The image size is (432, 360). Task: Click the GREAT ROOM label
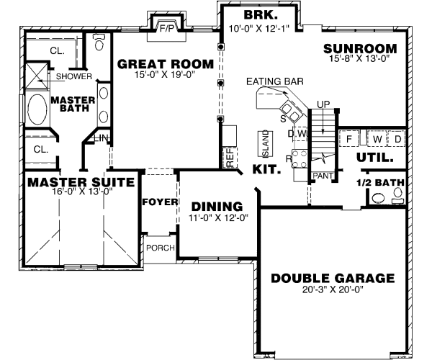(166, 64)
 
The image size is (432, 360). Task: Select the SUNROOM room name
(360, 49)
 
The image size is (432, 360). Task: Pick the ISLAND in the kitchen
(264, 145)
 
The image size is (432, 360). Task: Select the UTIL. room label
(374, 156)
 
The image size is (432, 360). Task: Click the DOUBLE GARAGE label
(332, 278)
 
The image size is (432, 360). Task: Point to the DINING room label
(212, 205)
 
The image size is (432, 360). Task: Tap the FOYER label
(160, 202)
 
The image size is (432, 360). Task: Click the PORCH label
(160, 248)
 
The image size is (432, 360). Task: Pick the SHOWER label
(69, 76)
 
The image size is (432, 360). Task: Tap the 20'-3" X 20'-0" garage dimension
(332, 291)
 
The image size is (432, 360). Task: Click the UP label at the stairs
(323, 105)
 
